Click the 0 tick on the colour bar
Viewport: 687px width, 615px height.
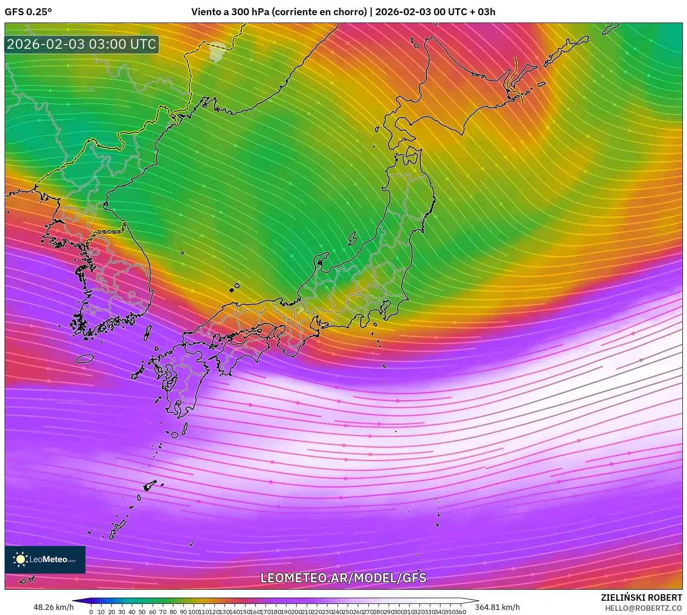click(x=91, y=612)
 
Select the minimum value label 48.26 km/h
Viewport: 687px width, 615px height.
click(x=53, y=607)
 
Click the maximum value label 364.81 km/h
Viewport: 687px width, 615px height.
click(x=498, y=607)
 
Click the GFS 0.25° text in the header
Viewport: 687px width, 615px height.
click(x=28, y=12)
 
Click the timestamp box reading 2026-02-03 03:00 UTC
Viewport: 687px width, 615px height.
click(x=81, y=44)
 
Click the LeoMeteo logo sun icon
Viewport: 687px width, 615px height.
click(x=20, y=559)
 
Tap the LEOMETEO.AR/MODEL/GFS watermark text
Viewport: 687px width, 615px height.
click(x=343, y=578)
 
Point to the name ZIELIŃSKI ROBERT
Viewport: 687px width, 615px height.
click(x=641, y=598)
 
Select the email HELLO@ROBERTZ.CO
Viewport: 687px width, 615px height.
click(x=643, y=608)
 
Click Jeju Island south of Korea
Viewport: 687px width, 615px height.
click(x=85, y=358)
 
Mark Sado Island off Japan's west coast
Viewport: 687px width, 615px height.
click(x=353, y=238)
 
